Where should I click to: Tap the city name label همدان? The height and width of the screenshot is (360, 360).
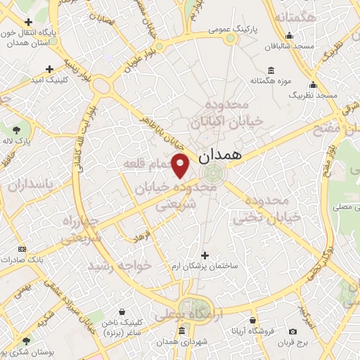tap(226, 155)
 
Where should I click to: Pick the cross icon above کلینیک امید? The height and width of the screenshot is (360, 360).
tap(49, 69)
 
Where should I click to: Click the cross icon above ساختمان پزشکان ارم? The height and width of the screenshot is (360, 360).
tap(205, 255)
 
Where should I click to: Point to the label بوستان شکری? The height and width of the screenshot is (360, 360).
tap(23, 352)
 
